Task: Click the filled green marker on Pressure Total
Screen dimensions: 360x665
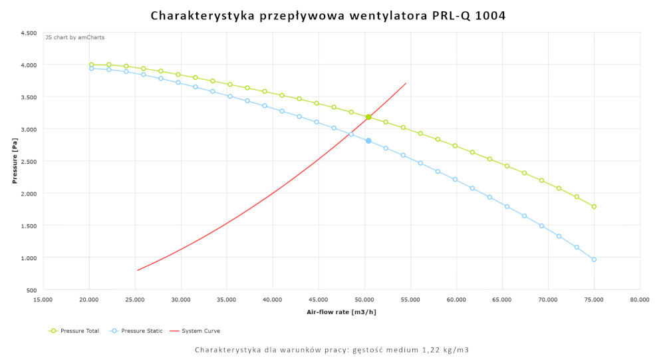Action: coord(368,117)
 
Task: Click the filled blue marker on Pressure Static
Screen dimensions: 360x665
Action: coord(368,140)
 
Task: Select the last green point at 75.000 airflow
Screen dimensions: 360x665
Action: coord(594,206)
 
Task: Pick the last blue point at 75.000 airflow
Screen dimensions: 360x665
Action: coord(594,260)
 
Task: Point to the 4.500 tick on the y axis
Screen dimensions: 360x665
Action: coord(28,33)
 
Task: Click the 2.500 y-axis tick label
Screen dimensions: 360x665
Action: coord(28,161)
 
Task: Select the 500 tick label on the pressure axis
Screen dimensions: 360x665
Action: coord(31,290)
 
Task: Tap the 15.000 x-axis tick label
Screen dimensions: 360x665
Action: coord(43,300)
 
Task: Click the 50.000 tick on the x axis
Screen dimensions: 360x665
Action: coord(364,300)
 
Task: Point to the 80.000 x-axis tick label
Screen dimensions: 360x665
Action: coord(640,300)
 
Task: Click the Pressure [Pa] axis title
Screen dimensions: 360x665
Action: coord(14,161)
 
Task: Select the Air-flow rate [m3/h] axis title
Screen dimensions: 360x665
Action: coord(340,311)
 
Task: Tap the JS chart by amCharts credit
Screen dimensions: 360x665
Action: coord(74,38)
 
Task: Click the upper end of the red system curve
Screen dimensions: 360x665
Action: coord(406,83)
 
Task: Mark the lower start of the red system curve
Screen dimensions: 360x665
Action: coord(138,270)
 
